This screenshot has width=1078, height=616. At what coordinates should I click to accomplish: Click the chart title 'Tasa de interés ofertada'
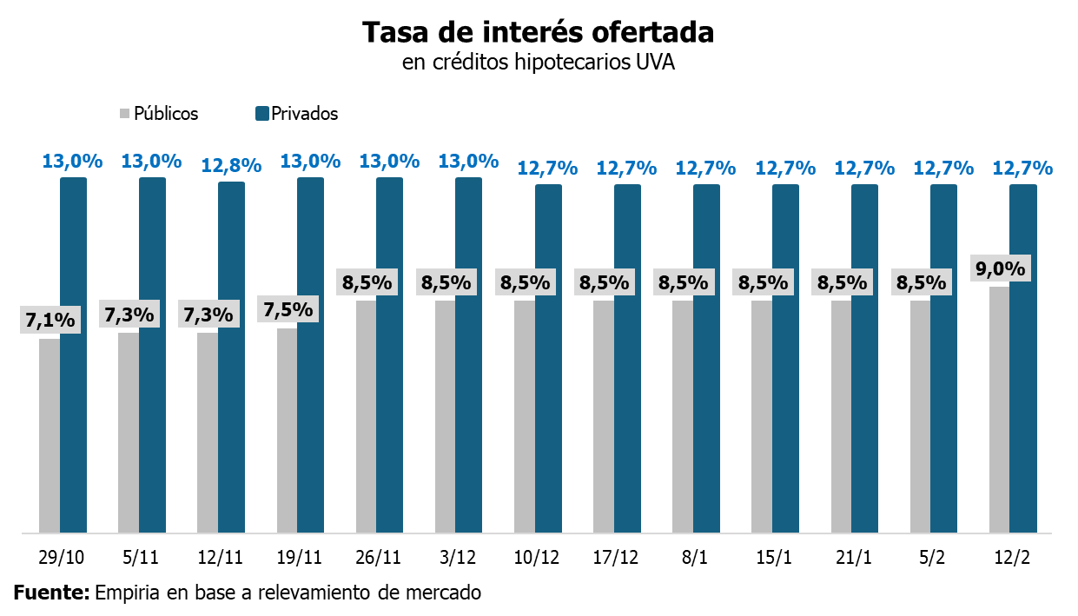pyautogui.click(x=538, y=32)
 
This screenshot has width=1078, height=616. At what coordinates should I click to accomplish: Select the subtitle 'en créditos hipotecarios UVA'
pyautogui.click(x=538, y=63)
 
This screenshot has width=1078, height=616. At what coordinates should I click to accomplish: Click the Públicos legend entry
pyautogui.click(x=159, y=114)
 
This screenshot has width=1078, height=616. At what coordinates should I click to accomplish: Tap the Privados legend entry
pyautogui.click(x=296, y=114)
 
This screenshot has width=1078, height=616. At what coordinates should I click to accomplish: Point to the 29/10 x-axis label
pyautogui.click(x=62, y=556)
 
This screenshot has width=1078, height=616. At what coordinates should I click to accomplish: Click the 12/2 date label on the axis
pyautogui.click(x=1013, y=556)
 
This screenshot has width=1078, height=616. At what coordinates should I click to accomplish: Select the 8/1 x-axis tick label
pyautogui.click(x=696, y=556)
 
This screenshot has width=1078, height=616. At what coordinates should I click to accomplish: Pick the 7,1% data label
pyautogui.click(x=50, y=321)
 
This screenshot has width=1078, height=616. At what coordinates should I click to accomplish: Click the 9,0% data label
pyautogui.click(x=1001, y=268)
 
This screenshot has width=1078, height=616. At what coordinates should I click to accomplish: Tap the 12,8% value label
pyautogui.click(x=231, y=166)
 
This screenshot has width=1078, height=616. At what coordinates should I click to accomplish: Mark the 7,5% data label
pyautogui.click(x=288, y=309)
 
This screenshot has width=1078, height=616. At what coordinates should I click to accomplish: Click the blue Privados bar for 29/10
pyautogui.click(x=73, y=356)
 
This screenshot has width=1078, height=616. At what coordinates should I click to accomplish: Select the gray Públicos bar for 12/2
pyautogui.click(x=999, y=408)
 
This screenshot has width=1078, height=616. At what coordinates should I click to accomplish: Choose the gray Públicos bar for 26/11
pyautogui.click(x=366, y=417)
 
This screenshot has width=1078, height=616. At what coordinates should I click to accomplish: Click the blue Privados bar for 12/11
pyautogui.click(x=231, y=356)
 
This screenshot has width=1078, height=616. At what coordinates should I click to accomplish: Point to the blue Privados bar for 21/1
pyautogui.click(x=864, y=356)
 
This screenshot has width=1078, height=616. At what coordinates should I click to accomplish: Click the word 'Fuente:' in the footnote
pyautogui.click(x=51, y=593)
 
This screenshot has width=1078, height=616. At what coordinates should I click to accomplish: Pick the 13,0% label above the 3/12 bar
pyautogui.click(x=469, y=162)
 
